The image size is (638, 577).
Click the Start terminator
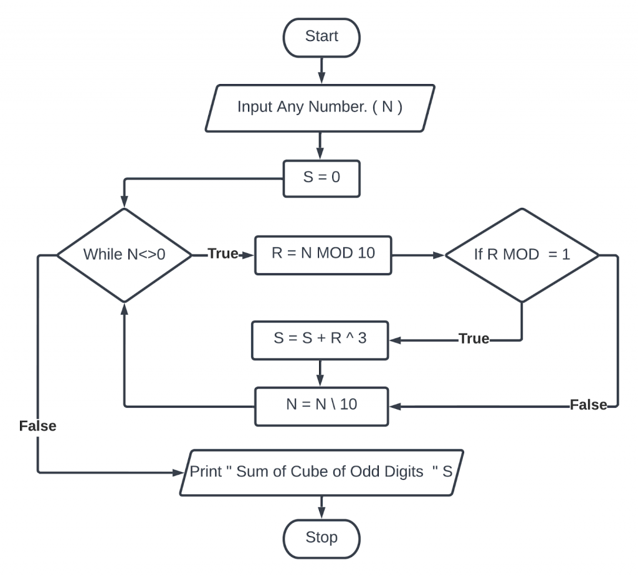(321, 37)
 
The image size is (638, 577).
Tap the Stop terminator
(321, 537)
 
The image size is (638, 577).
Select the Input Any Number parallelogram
(320, 106)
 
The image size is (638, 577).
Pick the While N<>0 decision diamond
(124, 255)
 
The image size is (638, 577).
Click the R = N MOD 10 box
(323, 255)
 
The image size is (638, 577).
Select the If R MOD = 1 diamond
(521, 255)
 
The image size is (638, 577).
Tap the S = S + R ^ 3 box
(320, 339)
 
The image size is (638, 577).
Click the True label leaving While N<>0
(223, 255)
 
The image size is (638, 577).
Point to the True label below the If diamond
(474, 339)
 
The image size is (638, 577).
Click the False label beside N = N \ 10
(588, 406)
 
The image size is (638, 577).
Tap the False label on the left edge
(37, 426)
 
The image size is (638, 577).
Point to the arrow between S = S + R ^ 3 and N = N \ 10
(320, 373)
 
